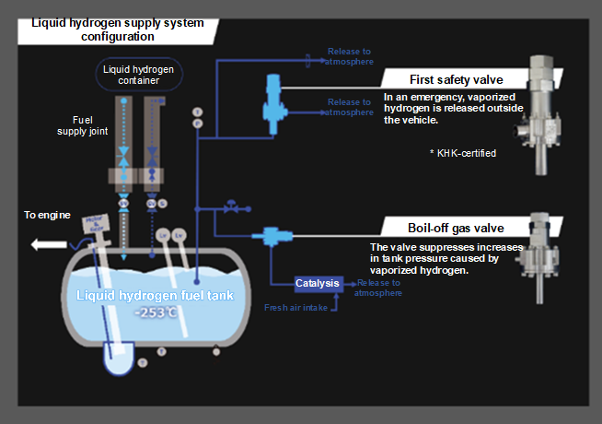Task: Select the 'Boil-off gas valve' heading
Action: point(457,228)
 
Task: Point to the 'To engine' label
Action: point(46,215)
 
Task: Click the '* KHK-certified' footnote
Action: point(463,153)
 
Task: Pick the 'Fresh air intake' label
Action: point(295,308)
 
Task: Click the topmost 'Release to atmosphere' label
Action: point(351,56)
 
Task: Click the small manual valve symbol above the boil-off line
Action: point(234,206)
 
